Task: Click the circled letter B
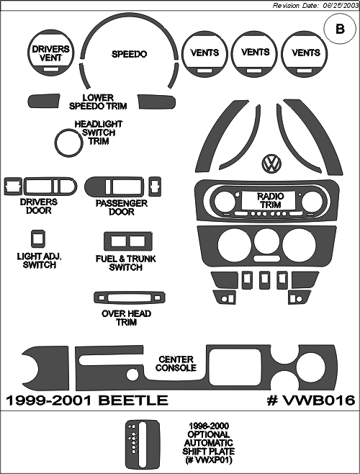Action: [x=340, y=29]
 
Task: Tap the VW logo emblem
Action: [x=271, y=164]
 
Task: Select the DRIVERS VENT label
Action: [x=50, y=53]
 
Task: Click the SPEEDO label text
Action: [x=129, y=54]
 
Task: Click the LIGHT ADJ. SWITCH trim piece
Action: [x=38, y=239]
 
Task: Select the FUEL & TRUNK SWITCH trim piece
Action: [x=127, y=241]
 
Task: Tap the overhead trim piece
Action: [x=130, y=298]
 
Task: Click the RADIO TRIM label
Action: [x=271, y=200]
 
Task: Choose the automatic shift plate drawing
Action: [x=142, y=444]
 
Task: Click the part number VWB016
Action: [x=311, y=401]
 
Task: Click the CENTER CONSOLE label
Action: [x=176, y=364]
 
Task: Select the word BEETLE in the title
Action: [x=133, y=401]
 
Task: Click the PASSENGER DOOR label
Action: [x=122, y=207]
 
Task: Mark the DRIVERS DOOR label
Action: [x=38, y=207]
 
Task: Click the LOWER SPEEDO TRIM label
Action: [x=98, y=102]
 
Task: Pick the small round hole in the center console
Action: [x=132, y=375]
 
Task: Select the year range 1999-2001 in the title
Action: [x=49, y=401]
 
